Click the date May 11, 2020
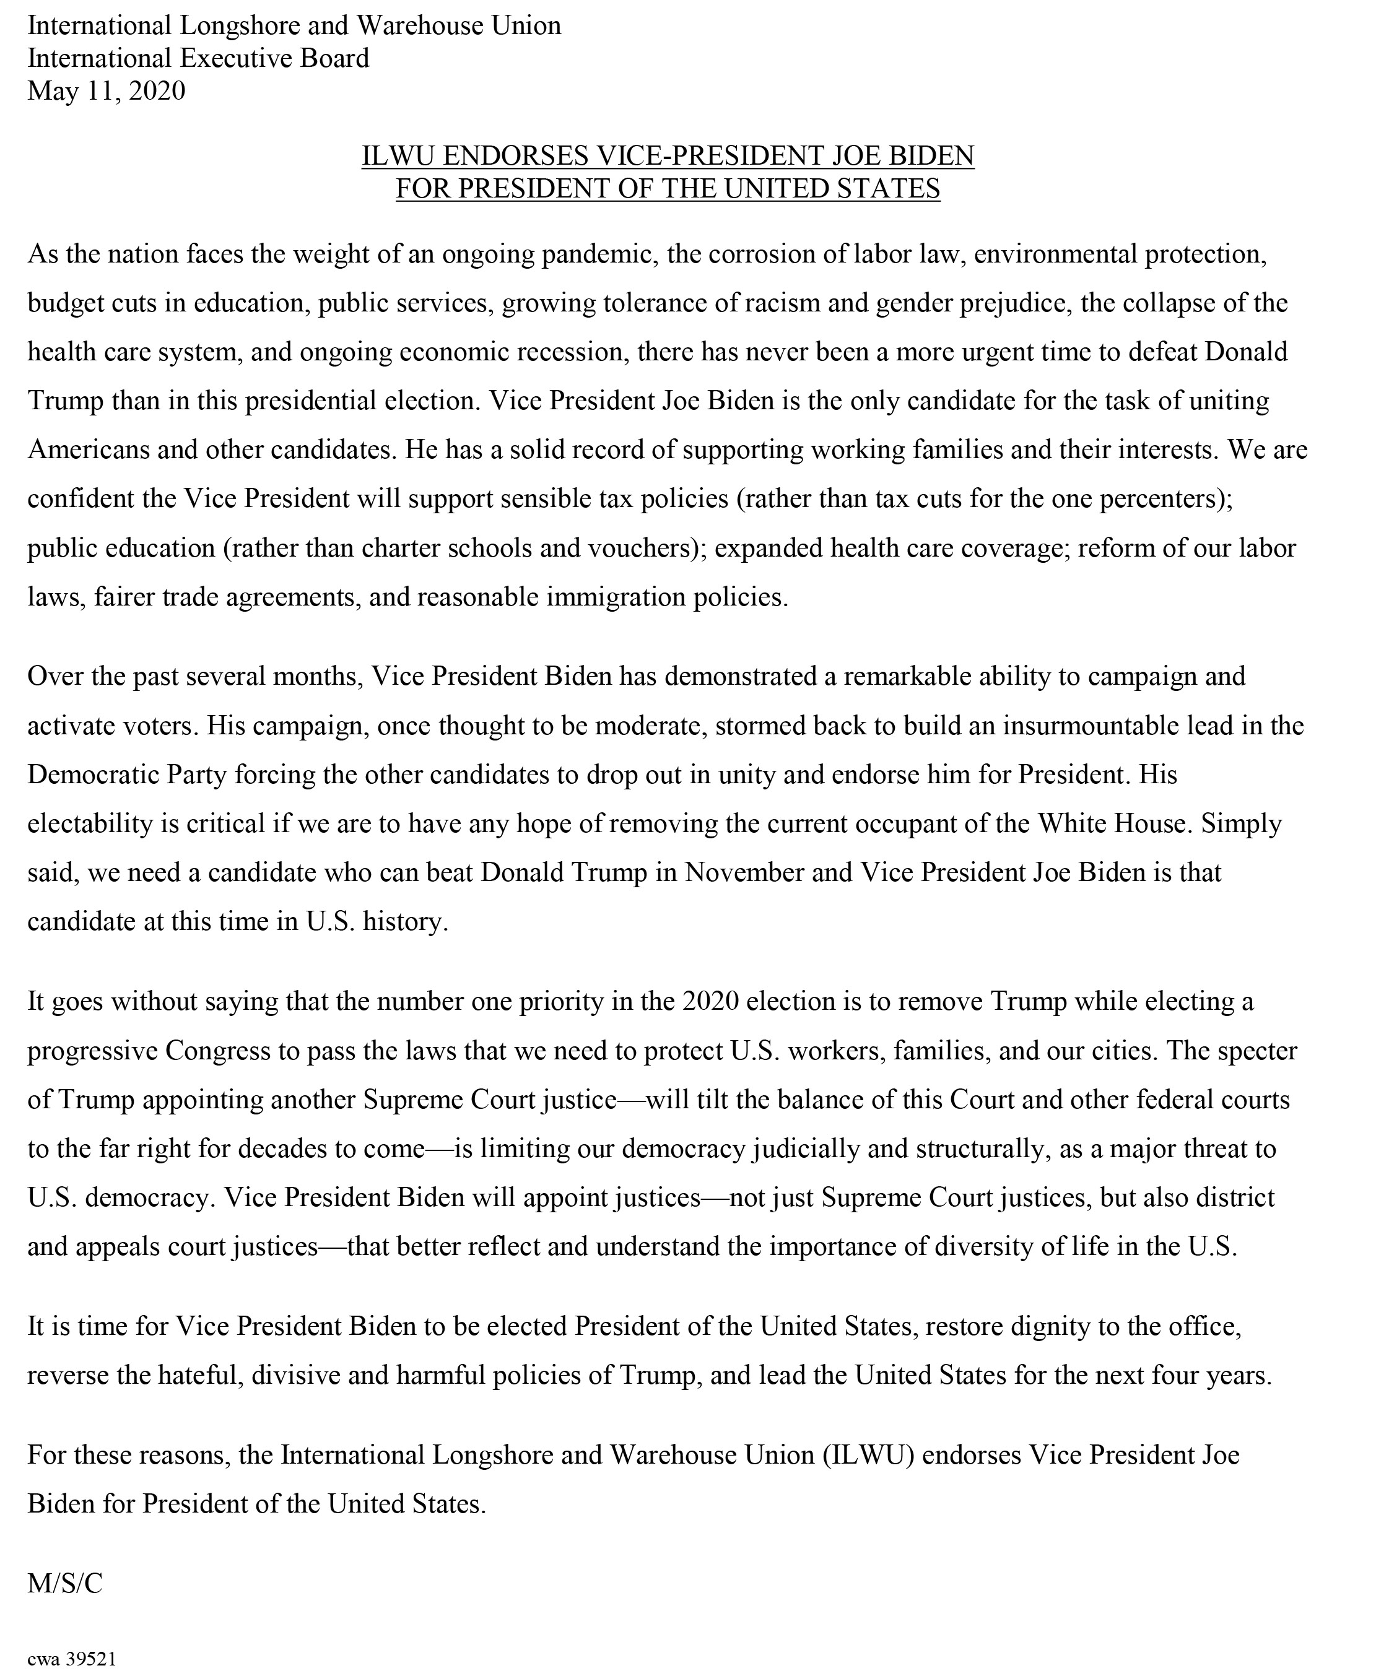pyautogui.click(x=107, y=91)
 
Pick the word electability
pyautogui.click(x=88, y=823)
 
